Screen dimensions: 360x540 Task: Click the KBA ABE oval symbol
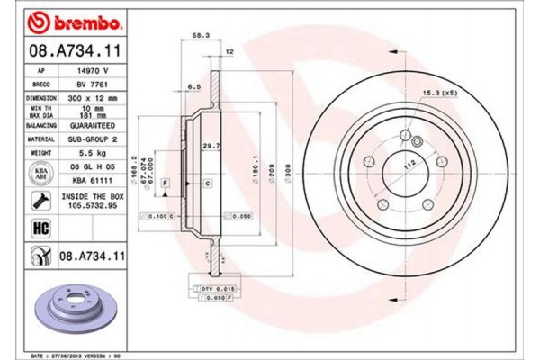[40, 173]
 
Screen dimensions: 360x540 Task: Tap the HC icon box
[40, 229]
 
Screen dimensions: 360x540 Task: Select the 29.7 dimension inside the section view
[210, 145]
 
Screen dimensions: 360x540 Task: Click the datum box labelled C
[208, 184]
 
